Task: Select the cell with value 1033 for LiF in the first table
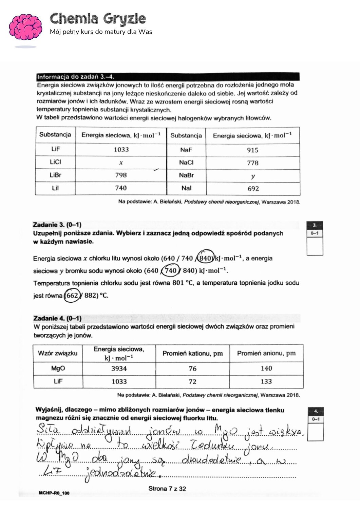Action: click(121, 150)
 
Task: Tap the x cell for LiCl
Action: click(121, 163)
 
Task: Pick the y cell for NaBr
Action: click(253, 176)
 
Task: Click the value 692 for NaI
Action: click(253, 189)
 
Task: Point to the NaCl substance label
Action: click(186, 163)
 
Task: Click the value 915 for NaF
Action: click(252, 150)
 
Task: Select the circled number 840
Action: click(206, 258)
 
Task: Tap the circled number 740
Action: click(170, 270)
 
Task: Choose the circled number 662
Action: click(72, 295)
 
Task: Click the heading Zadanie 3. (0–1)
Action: click(57, 225)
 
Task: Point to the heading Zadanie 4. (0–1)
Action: click(57, 318)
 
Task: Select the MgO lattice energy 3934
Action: click(119, 369)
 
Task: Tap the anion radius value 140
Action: click(266, 369)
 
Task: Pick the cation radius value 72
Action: click(192, 381)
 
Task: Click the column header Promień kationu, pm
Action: click(192, 354)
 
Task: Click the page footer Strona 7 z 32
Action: click(167, 489)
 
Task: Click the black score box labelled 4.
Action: click(316, 411)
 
